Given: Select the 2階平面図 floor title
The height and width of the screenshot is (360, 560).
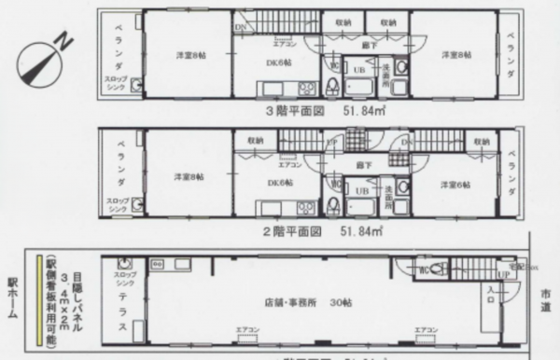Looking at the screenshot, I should click(x=295, y=227).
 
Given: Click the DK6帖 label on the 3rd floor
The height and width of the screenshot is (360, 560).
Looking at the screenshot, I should click(x=279, y=63).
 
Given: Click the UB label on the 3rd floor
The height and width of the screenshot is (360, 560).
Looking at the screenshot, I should click(x=357, y=70).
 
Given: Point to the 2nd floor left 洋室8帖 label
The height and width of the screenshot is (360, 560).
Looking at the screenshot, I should click(x=188, y=176).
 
